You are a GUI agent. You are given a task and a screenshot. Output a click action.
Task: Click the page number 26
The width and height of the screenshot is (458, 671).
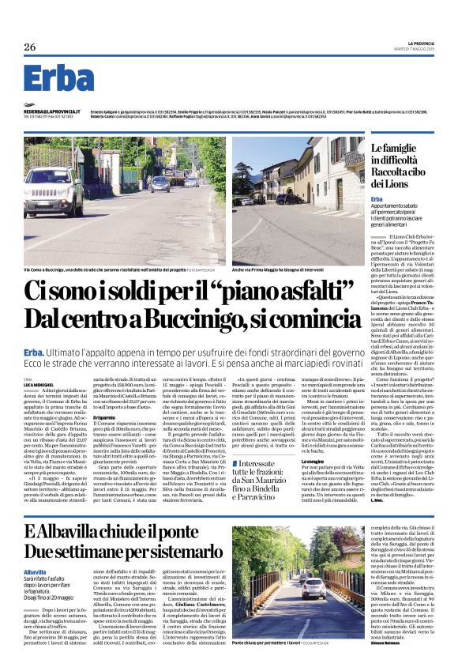coord(30,47)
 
